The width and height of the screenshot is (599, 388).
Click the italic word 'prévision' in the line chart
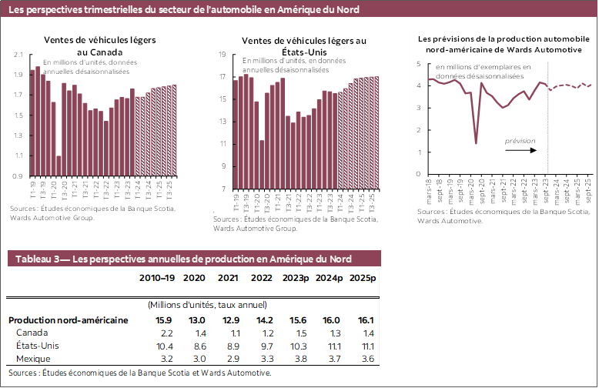click(x=520, y=141)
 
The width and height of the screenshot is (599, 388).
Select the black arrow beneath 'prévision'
click(x=521, y=150)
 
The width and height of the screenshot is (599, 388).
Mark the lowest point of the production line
click(x=476, y=143)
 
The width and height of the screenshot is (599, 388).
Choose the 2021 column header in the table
click(x=227, y=277)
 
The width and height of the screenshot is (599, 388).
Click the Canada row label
click(x=32, y=333)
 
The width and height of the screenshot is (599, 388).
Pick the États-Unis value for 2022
click(x=262, y=346)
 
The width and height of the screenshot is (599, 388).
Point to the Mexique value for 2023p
click(x=294, y=359)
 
